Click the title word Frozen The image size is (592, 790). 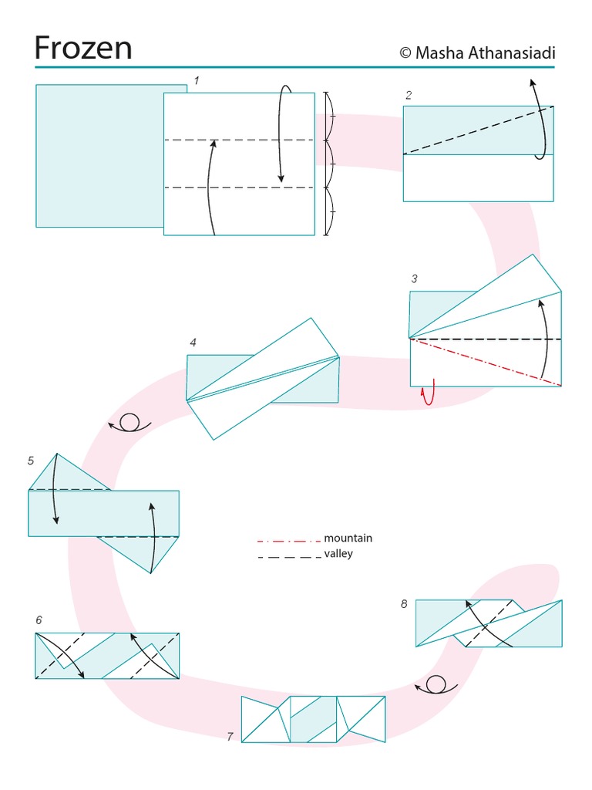pos(83,48)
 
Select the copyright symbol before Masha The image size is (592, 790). pos(405,52)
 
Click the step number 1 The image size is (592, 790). pos(197,80)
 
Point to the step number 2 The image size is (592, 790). pos(409,96)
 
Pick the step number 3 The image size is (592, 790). pos(414,279)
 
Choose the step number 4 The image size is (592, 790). pos(193,343)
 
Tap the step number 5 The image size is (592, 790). pos(31,461)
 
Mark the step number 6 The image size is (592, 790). pos(39,620)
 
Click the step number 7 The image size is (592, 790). pos(230,737)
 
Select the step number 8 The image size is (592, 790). pos(404,604)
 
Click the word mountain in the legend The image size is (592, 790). pos(348,538)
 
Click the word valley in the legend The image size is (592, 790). pos(338,554)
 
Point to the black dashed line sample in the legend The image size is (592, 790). pos(288,556)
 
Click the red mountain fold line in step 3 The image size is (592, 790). pos(486,362)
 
